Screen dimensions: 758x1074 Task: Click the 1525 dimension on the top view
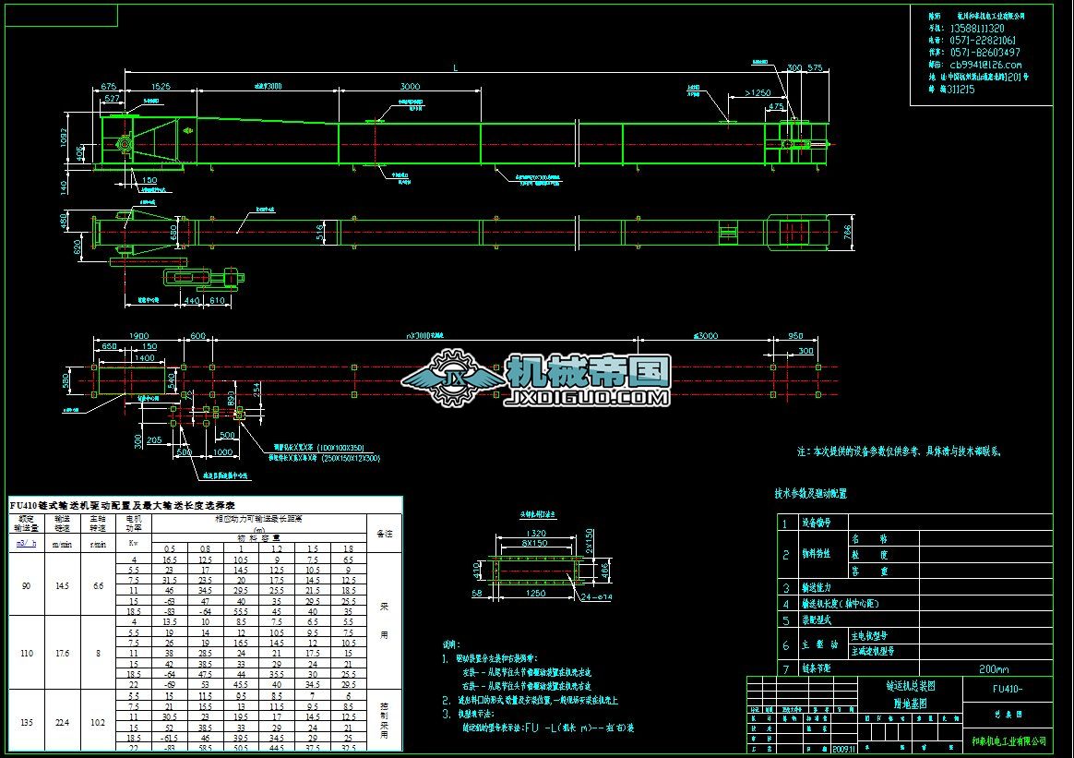coord(160,85)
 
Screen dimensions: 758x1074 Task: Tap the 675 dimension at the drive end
coord(108,85)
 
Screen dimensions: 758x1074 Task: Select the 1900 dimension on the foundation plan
coord(138,336)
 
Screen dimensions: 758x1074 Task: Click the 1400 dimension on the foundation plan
coord(143,356)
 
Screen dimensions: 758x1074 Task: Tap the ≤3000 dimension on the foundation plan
coord(706,336)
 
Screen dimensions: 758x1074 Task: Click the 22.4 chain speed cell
coord(63,723)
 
